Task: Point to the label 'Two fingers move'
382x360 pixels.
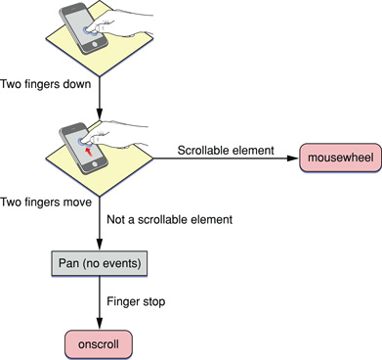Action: [x=47, y=202]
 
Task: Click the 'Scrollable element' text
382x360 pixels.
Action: [x=226, y=150]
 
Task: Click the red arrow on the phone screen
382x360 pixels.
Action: [x=91, y=150]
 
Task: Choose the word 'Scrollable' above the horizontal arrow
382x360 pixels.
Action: [x=204, y=150]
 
